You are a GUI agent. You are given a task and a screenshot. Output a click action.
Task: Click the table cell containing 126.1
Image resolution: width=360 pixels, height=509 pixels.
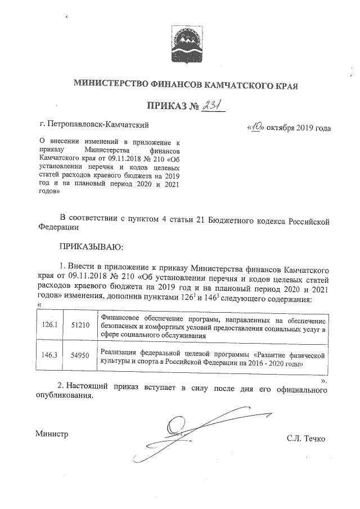click(x=50, y=325)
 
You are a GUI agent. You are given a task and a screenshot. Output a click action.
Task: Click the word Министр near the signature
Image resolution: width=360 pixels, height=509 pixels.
click(x=51, y=434)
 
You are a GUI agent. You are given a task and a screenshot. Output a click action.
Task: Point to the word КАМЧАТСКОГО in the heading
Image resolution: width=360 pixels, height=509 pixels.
click(x=236, y=85)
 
